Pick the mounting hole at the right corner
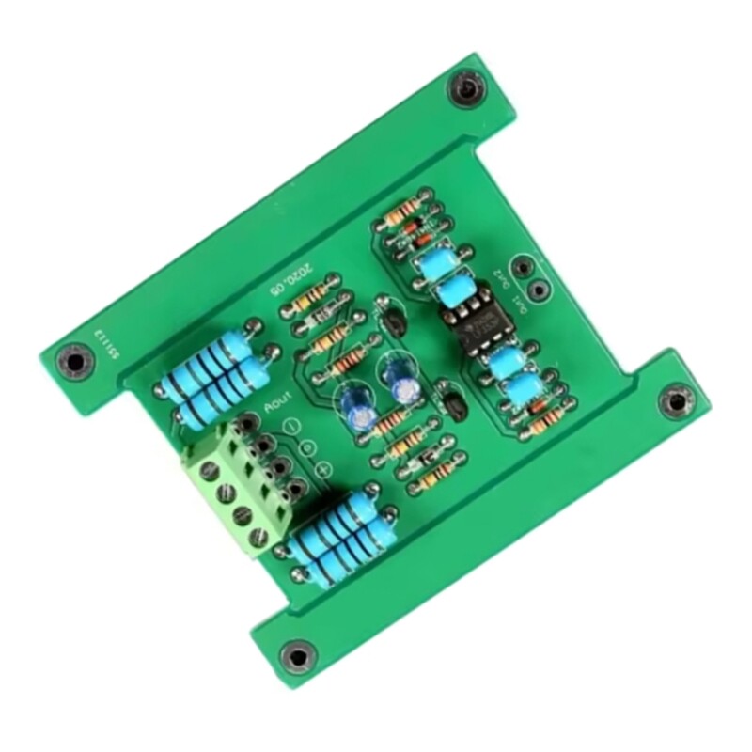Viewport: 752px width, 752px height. [673, 402]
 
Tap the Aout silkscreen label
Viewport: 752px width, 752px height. [275, 406]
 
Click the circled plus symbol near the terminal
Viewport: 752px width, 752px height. [324, 469]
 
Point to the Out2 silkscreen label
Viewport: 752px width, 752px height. [502, 277]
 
